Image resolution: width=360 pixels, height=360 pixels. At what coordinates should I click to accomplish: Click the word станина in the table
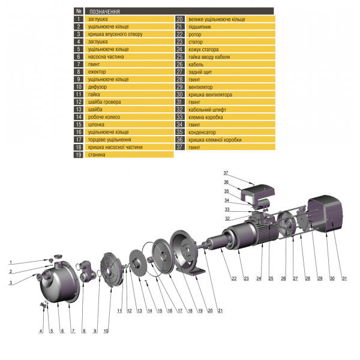[x=97, y=155]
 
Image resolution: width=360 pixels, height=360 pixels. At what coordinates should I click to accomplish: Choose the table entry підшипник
[x=200, y=27]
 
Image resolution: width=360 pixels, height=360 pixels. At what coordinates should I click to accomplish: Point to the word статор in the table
[x=196, y=42]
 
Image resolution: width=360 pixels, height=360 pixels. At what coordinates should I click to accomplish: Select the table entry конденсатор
[x=203, y=132]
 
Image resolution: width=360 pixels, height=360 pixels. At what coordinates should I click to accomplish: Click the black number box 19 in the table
[x=78, y=155]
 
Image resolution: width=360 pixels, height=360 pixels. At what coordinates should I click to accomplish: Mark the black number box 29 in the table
[x=179, y=87]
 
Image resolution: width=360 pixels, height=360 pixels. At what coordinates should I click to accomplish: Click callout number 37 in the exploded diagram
[x=227, y=172]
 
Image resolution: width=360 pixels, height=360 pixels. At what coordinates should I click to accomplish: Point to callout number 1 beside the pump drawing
[x=10, y=262]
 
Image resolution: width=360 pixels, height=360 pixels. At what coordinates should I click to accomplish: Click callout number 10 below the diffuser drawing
[x=106, y=331]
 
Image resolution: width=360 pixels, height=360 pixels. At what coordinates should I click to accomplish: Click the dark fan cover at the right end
[x=328, y=215]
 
